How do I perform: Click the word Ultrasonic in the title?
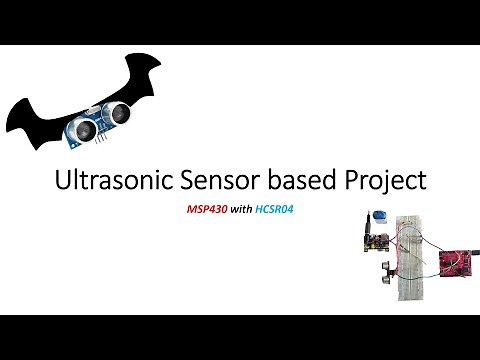(x=102, y=181)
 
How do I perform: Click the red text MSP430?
(x=209, y=211)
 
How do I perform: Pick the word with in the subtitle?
(x=244, y=211)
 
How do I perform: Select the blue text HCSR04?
(x=281, y=211)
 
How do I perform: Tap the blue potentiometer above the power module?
(x=380, y=217)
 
